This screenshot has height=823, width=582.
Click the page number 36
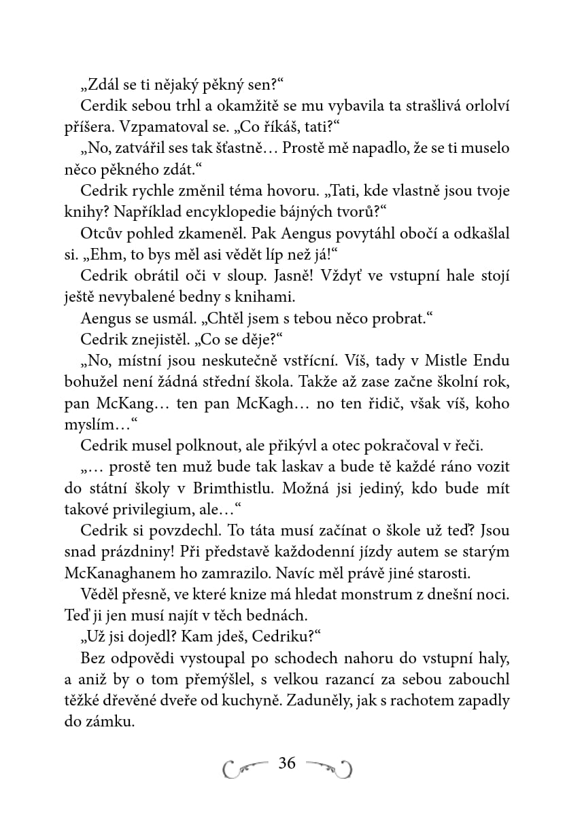click(x=287, y=763)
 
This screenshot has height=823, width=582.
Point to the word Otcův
click(x=99, y=233)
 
